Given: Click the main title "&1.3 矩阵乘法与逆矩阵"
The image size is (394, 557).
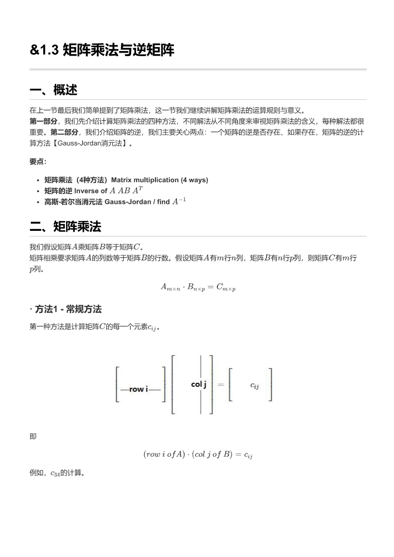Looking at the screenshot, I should point(102,50).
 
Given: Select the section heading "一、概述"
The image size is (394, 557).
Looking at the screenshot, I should point(53,90).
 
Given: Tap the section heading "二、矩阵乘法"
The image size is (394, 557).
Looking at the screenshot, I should point(65,227).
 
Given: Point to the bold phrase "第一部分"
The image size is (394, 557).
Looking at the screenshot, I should point(43,121).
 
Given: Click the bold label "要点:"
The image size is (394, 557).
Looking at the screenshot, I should point(38,162).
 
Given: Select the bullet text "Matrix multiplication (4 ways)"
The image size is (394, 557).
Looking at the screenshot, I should point(159,180).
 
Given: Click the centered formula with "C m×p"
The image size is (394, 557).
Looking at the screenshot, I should point(198,287).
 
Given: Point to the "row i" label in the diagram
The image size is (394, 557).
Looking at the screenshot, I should point(140,389).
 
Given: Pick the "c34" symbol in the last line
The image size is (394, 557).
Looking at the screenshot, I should point(55,473).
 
